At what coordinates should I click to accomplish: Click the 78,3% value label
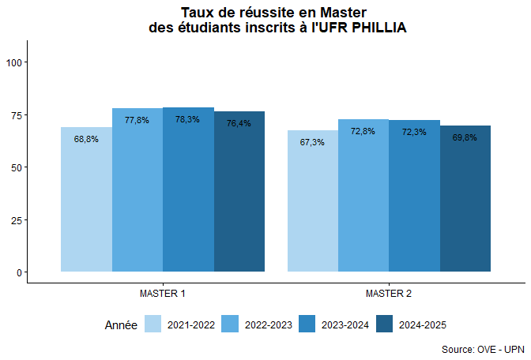point(188,119)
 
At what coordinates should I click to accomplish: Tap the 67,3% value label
point(312,143)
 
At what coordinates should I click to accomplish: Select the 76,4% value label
point(239,123)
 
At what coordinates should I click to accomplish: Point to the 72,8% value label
point(363,131)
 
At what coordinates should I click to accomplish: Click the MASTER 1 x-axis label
point(163,294)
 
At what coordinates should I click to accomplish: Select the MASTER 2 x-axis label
point(389,294)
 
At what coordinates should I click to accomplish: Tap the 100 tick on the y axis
point(16,62)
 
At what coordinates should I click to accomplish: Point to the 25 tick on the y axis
point(18,219)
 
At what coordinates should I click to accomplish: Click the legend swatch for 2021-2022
point(153,324)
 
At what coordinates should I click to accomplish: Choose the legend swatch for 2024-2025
point(385,324)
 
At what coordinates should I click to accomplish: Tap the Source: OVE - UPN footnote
point(482,349)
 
